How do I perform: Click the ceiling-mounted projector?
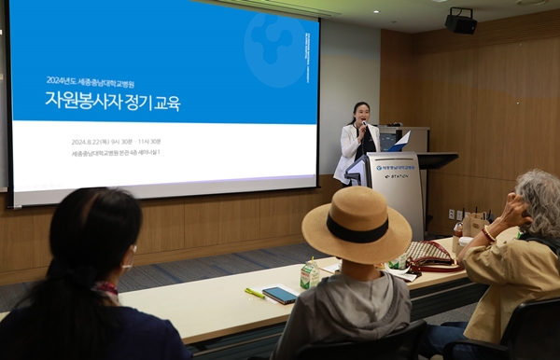click(460, 21)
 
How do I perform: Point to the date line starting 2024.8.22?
click(116, 142)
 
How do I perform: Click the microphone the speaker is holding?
click(361, 125)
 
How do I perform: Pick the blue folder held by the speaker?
click(399, 143)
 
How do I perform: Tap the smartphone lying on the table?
click(280, 295)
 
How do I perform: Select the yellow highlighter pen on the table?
click(254, 293)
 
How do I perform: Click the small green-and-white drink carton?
click(310, 275)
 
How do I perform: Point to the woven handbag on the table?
click(428, 252)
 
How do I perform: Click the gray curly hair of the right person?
click(539, 201)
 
